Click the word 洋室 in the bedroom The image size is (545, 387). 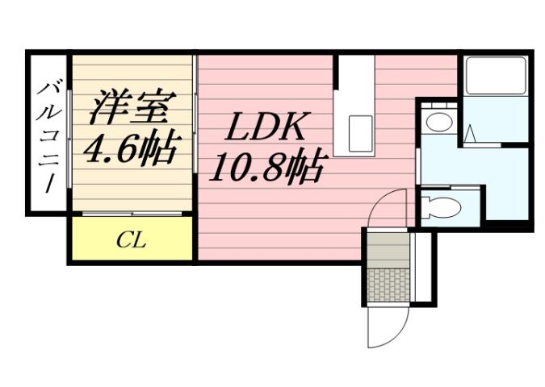point(129,105)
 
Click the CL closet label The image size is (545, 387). point(130,240)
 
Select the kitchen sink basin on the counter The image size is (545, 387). point(360,128)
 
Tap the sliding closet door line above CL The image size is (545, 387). point(131,214)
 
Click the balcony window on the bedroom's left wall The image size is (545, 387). point(70,134)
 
